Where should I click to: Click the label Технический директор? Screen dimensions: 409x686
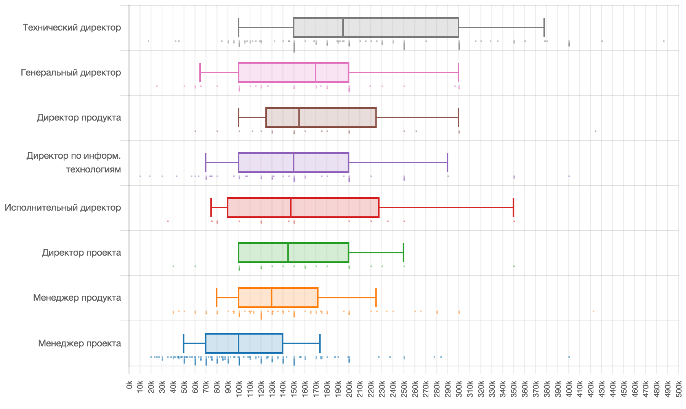[72, 27]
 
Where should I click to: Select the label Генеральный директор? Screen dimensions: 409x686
[71, 72]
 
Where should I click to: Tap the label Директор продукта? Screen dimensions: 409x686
[79, 118]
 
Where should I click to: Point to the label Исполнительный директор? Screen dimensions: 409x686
[63, 208]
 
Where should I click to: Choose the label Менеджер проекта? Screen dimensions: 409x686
[79, 343]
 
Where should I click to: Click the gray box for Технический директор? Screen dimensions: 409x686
[376, 27]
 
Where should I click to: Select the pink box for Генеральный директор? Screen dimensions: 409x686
[293, 72]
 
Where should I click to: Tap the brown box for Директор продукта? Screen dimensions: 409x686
[321, 118]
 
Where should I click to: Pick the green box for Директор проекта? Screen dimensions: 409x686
[293, 253]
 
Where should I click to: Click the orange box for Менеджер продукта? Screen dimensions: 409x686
[278, 298]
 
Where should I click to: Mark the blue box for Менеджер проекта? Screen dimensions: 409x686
[244, 343]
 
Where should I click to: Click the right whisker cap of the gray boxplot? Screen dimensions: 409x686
[544, 27]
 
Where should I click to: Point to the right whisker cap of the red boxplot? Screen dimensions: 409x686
[513, 208]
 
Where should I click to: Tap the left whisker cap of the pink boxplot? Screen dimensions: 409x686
[200, 72]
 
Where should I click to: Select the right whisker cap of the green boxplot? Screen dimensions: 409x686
[403, 253]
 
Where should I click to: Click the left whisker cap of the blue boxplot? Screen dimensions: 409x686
[184, 343]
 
